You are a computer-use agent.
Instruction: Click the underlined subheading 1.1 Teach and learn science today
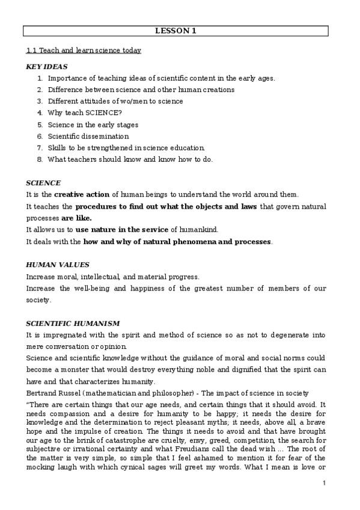point(84,51)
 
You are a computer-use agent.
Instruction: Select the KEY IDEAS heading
point(47,67)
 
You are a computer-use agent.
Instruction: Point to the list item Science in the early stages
point(93,125)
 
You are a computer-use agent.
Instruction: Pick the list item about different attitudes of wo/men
point(115,102)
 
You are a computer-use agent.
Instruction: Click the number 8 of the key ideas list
point(40,159)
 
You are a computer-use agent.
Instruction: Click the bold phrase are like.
point(75,218)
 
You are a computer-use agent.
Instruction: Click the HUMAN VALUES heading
point(58,265)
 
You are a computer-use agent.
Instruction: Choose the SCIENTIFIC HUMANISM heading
point(73,324)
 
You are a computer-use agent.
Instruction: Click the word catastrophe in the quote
point(132,440)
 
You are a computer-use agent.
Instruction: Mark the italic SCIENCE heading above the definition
point(43,183)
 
